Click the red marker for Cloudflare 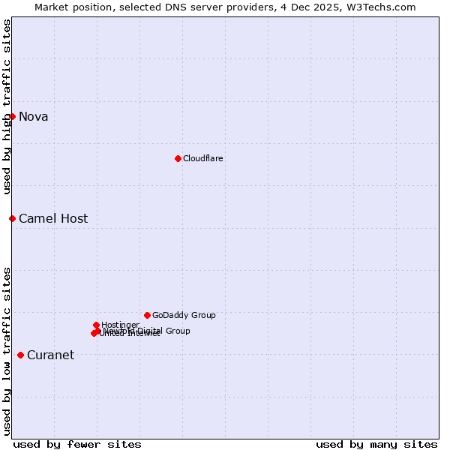pyautogui.click(x=178, y=158)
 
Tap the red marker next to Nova pyautogui.click(x=12, y=116)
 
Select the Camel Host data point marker pyautogui.click(x=12, y=218)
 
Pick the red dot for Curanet pyautogui.click(x=20, y=355)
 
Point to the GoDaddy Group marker pyautogui.click(x=147, y=315)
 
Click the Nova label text pyautogui.click(x=34, y=116)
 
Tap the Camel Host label pyautogui.click(x=53, y=219)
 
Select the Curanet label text pyautogui.click(x=50, y=355)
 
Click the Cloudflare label pyautogui.click(x=203, y=158)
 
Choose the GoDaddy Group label pyautogui.click(x=184, y=315)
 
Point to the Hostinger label pyautogui.click(x=120, y=325)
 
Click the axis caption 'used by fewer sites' pyautogui.click(x=77, y=444)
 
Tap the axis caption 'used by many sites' pyautogui.click(x=376, y=444)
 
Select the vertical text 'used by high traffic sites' pyautogui.click(x=7, y=106)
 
